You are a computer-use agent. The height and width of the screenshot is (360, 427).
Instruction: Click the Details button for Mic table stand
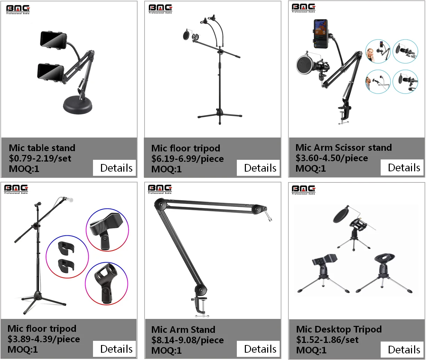click(114, 168)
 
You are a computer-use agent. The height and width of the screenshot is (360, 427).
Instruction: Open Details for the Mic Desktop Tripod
click(402, 349)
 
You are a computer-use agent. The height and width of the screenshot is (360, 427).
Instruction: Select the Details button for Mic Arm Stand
click(258, 349)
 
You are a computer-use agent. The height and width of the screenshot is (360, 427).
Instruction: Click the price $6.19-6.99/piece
click(187, 159)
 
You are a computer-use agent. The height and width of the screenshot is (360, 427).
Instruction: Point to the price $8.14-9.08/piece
click(187, 340)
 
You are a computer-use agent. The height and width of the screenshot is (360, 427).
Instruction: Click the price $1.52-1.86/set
click(327, 340)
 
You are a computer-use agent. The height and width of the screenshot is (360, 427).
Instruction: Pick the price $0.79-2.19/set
click(40, 158)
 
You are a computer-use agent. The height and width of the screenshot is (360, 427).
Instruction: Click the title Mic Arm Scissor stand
click(343, 148)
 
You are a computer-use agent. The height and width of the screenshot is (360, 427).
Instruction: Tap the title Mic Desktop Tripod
click(339, 329)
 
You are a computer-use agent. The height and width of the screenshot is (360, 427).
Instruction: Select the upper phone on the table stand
click(53, 39)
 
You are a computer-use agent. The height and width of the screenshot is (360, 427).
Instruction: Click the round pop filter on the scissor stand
click(305, 66)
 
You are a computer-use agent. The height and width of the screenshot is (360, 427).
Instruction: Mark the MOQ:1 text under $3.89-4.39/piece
click(23, 350)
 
